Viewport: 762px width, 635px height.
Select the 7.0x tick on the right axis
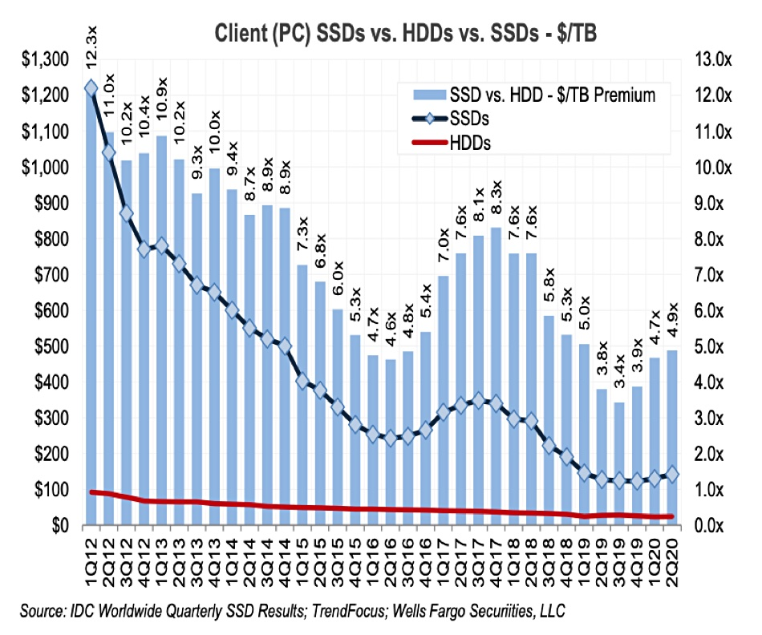[712, 275]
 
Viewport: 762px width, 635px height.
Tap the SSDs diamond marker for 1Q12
[91, 87]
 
